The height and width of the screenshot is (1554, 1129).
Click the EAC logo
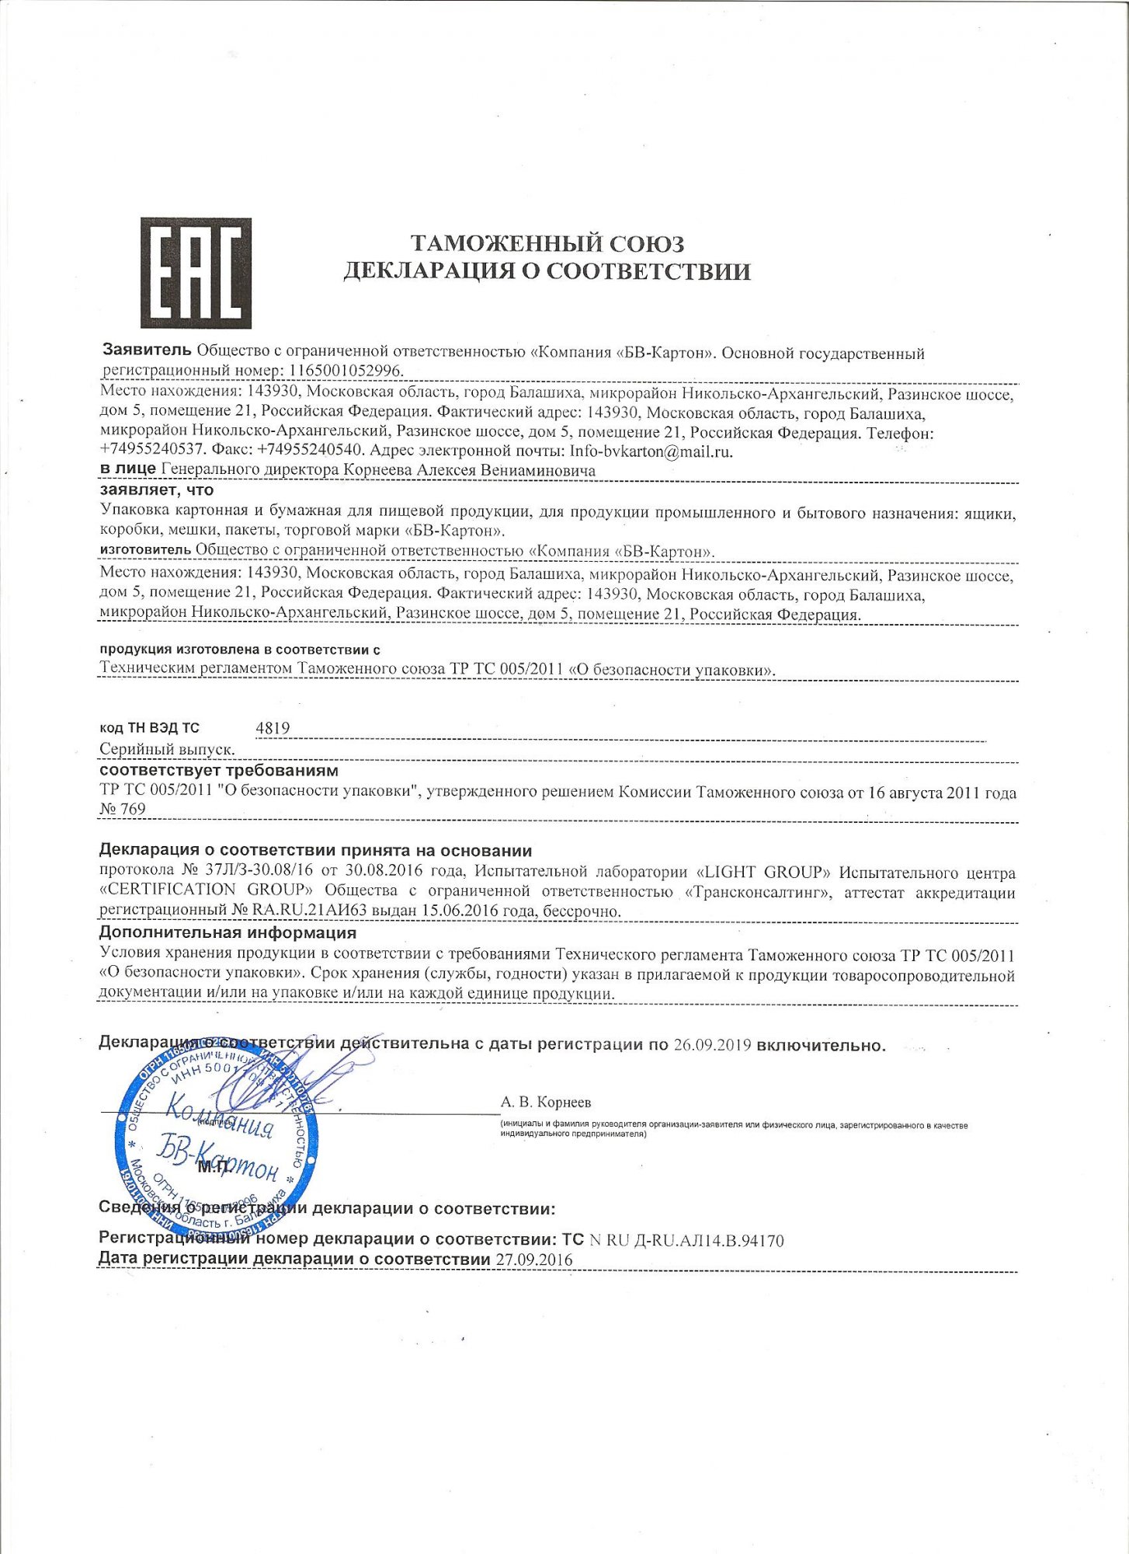tap(196, 273)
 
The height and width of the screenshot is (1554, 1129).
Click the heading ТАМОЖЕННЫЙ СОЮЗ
tap(547, 244)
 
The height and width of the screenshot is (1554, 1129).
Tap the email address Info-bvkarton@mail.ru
tap(651, 451)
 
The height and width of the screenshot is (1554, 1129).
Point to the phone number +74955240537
tap(151, 451)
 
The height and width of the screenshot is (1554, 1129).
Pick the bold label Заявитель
tap(147, 351)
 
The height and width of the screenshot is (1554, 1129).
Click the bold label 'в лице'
tap(128, 470)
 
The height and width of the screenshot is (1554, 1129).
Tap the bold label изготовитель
tap(145, 550)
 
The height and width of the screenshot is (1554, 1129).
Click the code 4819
tap(273, 728)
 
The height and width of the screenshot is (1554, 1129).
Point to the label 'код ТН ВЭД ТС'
tap(150, 728)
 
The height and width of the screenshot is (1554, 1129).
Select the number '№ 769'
tap(123, 809)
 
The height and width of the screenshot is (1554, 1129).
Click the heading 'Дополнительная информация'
tap(228, 932)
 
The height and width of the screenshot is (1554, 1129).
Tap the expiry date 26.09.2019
tap(712, 1045)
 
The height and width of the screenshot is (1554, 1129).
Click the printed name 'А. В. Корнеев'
tap(546, 1102)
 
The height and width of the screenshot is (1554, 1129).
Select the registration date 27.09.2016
tap(533, 1260)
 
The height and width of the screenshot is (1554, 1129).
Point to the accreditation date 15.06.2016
tap(447, 911)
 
